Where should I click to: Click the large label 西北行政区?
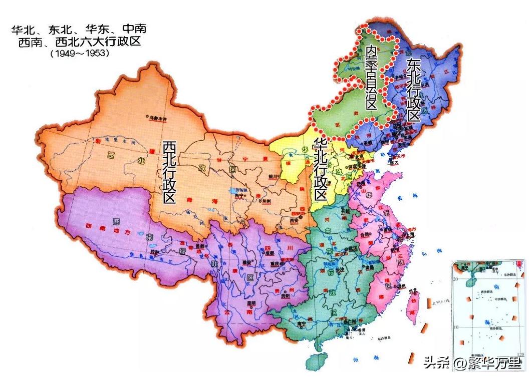(169, 172)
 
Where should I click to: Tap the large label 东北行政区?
(413, 90)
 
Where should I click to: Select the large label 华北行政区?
(320, 169)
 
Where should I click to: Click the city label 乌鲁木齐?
(157, 119)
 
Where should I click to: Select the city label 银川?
(273, 177)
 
